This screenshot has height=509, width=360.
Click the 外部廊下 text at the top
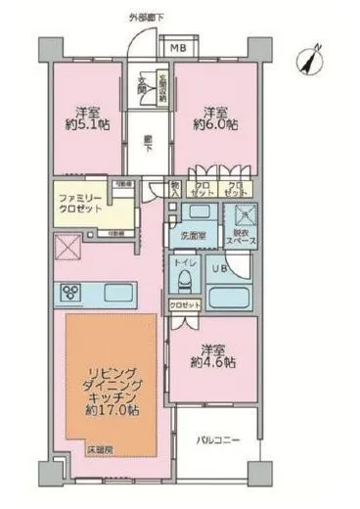coord(147,18)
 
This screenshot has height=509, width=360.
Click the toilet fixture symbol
coord(182,280)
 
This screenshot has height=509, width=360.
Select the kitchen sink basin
coord(116,292)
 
